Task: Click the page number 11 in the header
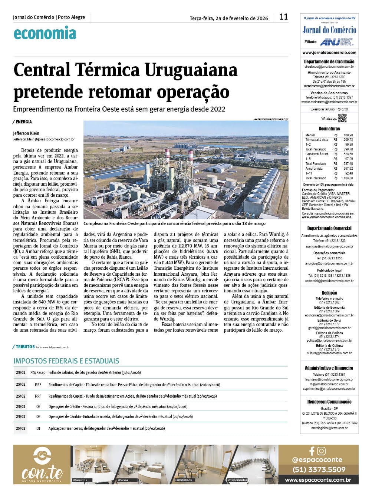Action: (x=284, y=17)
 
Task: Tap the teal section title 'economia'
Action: (x=45, y=33)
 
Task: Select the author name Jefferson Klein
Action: (x=26, y=133)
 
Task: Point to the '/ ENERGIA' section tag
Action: (x=22, y=122)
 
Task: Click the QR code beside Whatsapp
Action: (x=342, y=118)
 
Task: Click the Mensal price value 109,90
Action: (x=348, y=135)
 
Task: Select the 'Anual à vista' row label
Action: (x=314, y=169)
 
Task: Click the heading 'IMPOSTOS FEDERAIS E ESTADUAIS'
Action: (x=66, y=361)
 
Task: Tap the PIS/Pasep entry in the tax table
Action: (x=38, y=372)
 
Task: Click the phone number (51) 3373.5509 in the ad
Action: (x=319, y=469)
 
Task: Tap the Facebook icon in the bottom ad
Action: (x=312, y=451)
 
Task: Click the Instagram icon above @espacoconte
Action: (x=322, y=451)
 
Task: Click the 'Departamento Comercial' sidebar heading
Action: (x=329, y=228)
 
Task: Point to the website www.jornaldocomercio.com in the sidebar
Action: (x=329, y=53)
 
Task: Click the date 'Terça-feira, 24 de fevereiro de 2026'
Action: (x=229, y=18)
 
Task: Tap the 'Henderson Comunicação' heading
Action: (x=329, y=402)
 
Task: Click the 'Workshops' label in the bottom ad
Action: (x=184, y=480)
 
